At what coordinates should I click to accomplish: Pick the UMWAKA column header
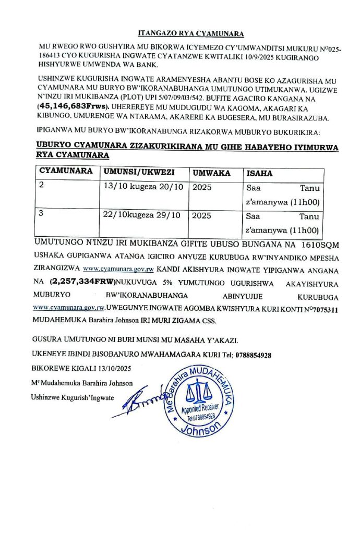(211, 173)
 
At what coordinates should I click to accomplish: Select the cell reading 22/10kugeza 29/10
(142, 215)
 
